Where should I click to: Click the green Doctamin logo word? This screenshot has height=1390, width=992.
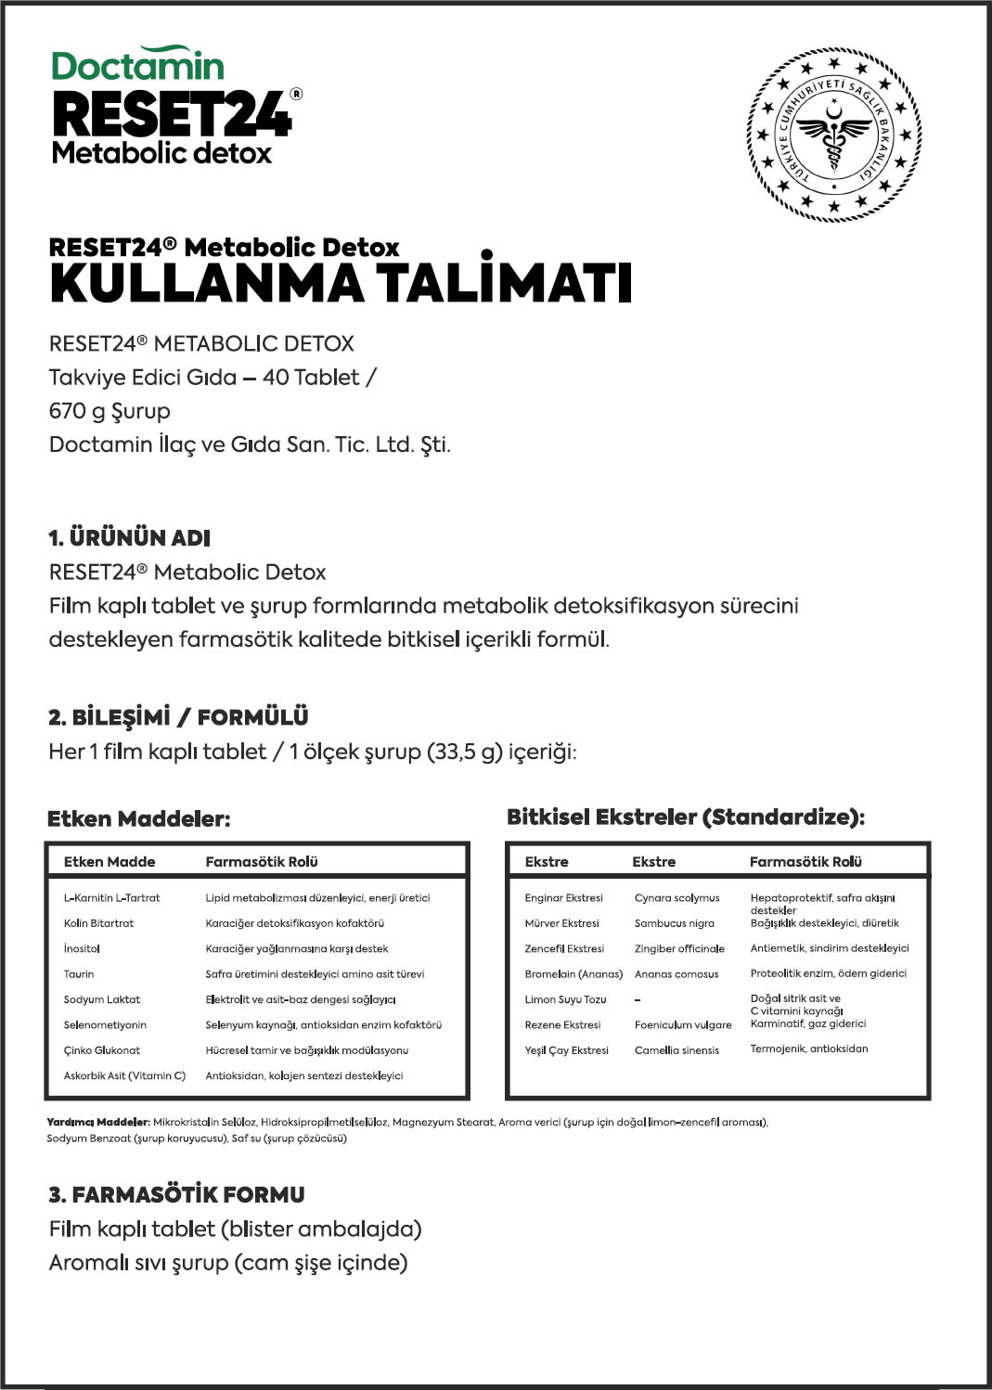pos(137,66)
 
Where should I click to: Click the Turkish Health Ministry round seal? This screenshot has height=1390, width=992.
pos(833,135)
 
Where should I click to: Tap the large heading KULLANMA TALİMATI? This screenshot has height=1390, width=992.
pos(341,284)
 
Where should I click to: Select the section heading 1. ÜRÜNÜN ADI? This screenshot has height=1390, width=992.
pos(129,538)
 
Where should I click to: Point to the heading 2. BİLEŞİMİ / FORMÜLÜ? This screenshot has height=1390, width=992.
pos(178,717)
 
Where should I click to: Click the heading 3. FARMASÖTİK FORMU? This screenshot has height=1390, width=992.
pos(176,1194)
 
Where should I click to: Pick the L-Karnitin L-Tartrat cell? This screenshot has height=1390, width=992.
pos(111,898)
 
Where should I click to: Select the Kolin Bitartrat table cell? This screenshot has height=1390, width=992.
pos(98,923)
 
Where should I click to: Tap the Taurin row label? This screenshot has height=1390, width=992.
pos(79,974)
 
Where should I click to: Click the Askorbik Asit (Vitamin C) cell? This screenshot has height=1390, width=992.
pos(124,1076)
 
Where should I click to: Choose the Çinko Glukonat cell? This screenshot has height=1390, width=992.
pos(102,1050)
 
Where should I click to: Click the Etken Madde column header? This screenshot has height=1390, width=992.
pos(110,862)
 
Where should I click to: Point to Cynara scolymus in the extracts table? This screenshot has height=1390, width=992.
pos(676,898)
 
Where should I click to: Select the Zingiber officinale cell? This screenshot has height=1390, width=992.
pos(679,949)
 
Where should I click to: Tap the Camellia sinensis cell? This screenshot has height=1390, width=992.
pos(676,1050)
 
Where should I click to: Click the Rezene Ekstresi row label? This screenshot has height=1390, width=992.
pos(562,1025)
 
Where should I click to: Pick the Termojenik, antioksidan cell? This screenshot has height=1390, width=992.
pos(809,1049)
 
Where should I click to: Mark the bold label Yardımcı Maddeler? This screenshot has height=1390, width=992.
pos(98,1123)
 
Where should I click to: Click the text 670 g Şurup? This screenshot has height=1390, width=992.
pos(110,411)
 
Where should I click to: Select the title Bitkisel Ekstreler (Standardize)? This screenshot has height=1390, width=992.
pos(686,817)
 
